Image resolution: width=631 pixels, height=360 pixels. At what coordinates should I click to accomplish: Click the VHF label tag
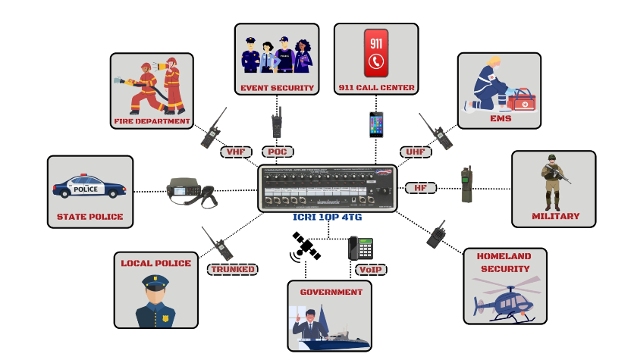point(235,152)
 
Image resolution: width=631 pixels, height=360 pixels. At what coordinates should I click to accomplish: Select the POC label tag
point(278,152)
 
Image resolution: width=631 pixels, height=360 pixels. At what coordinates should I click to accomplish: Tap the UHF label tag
point(415,152)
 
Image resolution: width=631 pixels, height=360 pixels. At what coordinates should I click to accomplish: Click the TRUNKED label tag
point(232,269)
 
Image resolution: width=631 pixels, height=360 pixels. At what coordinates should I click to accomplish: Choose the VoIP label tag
point(369,269)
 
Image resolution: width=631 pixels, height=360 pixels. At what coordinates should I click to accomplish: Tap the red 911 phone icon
point(376,53)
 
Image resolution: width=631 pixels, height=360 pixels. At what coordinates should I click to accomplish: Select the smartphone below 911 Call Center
point(377,124)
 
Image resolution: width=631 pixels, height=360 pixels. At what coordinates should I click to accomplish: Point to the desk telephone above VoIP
point(360,249)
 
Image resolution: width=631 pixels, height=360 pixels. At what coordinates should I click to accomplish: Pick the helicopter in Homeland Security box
point(507,302)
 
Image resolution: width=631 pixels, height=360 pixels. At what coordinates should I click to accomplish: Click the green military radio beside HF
point(466,185)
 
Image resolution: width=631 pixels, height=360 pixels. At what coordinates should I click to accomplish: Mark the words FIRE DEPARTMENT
point(152,121)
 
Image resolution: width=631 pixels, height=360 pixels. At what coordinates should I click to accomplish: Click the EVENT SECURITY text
point(277,88)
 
